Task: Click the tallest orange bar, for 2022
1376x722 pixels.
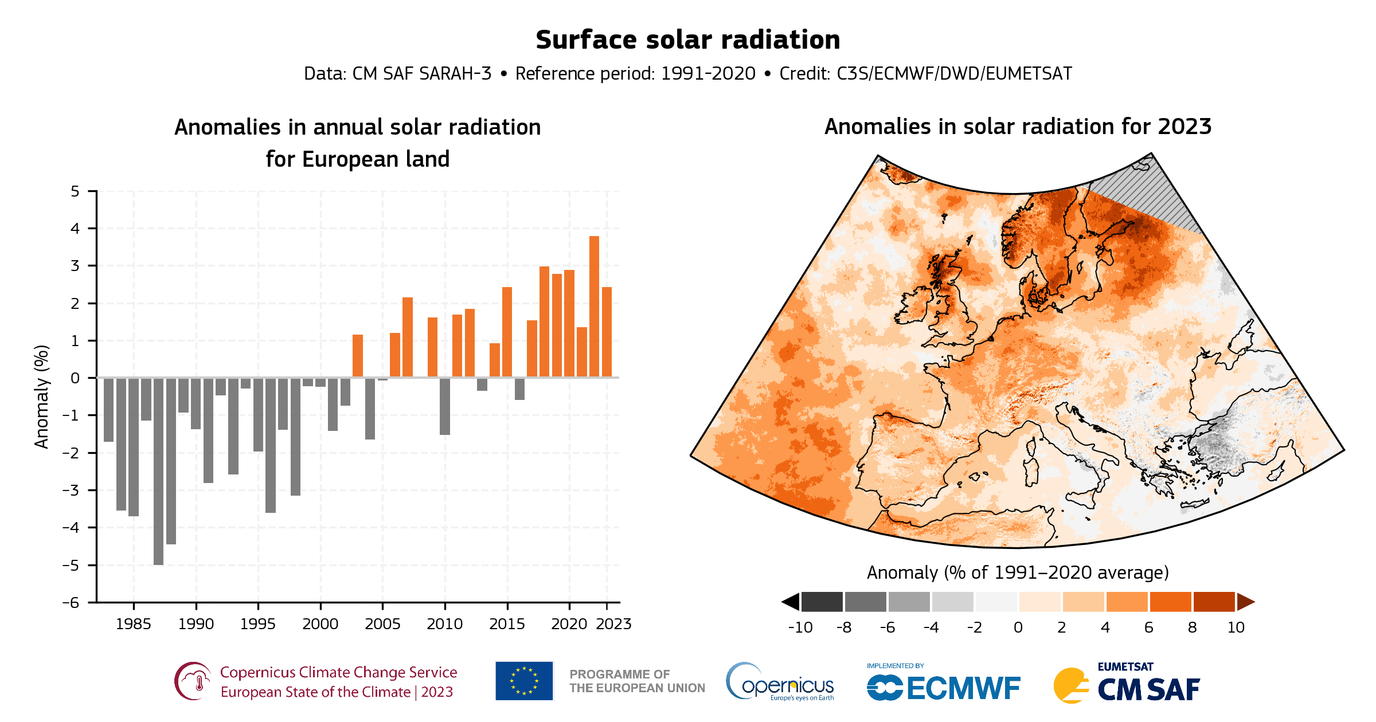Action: [x=594, y=307]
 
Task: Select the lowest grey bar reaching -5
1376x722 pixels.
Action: [x=158, y=471]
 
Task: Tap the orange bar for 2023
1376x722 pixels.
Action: [x=607, y=332]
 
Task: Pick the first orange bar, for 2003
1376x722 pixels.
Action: [x=358, y=356]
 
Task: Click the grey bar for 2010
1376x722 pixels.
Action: [x=445, y=406]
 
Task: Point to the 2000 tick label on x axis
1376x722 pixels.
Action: [x=320, y=624]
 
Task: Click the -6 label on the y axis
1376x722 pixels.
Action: [x=71, y=602]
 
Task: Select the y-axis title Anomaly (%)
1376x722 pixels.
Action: [x=41, y=397]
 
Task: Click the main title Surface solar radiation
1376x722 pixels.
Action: [x=687, y=40]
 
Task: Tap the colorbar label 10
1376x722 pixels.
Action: [x=1236, y=627]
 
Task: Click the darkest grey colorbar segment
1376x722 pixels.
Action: [x=822, y=602]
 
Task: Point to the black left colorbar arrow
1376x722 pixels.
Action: [x=791, y=602]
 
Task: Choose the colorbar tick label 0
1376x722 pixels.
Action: [x=1018, y=627]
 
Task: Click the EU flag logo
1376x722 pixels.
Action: [x=524, y=681]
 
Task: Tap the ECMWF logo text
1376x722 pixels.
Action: [x=963, y=688]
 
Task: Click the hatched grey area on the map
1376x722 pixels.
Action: [x=1152, y=195]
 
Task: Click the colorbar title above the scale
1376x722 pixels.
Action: [x=1018, y=572]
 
